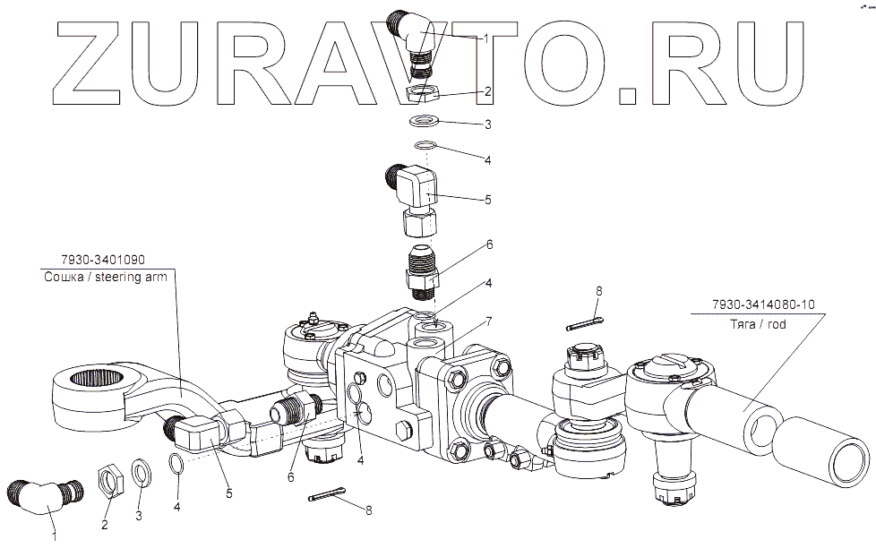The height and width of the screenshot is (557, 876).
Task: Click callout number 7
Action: [488, 321]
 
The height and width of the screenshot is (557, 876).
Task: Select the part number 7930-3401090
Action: [103, 260]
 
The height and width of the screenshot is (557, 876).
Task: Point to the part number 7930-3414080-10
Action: [763, 304]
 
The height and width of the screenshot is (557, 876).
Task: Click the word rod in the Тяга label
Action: [776, 324]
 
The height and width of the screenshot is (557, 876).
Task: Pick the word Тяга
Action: [743, 324]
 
